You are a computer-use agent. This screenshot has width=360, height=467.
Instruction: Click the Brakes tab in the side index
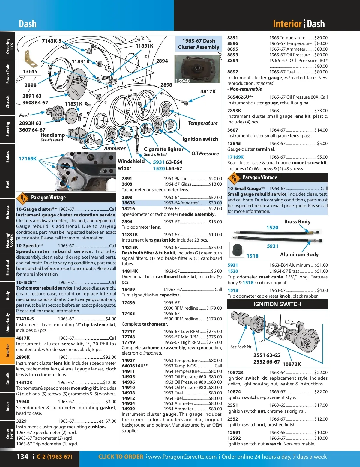pos(7,157)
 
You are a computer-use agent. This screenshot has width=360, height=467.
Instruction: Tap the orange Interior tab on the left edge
pos(7,350)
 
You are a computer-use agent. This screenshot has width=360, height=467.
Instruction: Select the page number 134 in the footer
pos(22,457)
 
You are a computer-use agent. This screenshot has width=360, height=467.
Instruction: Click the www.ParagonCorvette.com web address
pos(182,457)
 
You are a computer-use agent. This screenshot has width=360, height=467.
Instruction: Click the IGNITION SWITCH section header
pos(277,304)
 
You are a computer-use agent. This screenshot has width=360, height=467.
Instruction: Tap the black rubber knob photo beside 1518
pos(237,250)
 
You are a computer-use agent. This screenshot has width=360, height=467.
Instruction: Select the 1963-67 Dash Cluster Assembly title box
pos(199,44)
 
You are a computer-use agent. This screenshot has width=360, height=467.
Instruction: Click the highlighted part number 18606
pos(128,203)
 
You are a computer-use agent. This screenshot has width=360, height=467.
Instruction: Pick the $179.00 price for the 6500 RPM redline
pos(214,319)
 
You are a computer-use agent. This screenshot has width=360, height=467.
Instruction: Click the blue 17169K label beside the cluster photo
pos(28,159)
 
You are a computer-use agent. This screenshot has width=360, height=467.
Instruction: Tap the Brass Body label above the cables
pos(297,222)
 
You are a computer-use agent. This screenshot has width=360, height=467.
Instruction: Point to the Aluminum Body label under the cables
pos(299,254)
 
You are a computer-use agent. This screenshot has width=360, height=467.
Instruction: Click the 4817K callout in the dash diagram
pos(208,91)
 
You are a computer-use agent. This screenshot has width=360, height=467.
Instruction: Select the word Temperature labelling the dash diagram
pos(203,123)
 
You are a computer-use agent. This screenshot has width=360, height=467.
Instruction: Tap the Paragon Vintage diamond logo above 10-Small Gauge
pos(234,178)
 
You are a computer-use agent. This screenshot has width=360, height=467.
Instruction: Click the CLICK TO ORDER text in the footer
pos(121,457)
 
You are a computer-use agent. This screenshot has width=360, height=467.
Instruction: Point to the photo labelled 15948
pos(197,69)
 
